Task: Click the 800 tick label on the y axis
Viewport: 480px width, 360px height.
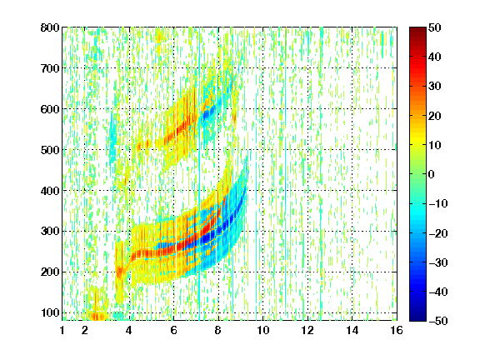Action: tap(50, 27)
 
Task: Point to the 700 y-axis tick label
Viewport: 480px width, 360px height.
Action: tap(50, 68)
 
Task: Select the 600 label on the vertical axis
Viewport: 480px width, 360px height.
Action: tap(50, 109)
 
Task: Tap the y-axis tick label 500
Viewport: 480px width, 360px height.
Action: tap(50, 150)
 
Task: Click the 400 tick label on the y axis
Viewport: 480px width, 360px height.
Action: tap(50, 191)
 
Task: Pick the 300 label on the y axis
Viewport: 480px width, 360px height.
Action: tap(50, 231)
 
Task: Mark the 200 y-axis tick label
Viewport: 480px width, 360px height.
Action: tap(50, 272)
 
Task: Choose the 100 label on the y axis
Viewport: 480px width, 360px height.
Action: tap(50, 312)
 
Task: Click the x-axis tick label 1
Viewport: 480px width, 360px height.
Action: tap(62, 330)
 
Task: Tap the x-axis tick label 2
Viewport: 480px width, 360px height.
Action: tap(85, 330)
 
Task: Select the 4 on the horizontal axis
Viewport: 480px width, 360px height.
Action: tap(129, 330)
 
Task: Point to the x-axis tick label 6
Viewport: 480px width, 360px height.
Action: tap(173, 330)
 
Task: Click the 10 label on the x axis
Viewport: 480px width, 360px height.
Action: tap(263, 330)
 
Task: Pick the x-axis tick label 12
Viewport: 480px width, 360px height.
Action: tap(307, 330)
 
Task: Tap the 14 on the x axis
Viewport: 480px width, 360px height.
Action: tap(352, 330)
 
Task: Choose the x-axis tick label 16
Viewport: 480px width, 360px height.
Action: tap(397, 330)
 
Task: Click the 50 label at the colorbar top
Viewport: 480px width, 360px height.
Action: tap(434, 27)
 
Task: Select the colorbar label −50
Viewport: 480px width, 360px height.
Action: tap(438, 321)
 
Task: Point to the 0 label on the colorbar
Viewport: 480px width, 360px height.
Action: tap(432, 174)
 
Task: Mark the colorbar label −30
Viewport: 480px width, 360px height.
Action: tap(438, 262)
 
